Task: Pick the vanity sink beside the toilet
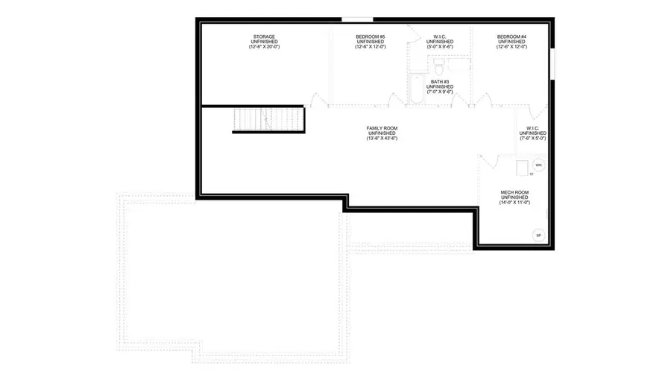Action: point(460,67)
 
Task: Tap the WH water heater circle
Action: point(538,165)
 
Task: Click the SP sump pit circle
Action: point(538,235)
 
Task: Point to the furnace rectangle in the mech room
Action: point(522,167)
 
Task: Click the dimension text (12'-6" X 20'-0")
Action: point(264,47)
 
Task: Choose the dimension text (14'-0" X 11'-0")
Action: point(514,203)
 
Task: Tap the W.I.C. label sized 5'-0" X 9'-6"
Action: point(440,41)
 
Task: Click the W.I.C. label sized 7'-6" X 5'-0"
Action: point(533,133)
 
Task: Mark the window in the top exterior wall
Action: point(356,19)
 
